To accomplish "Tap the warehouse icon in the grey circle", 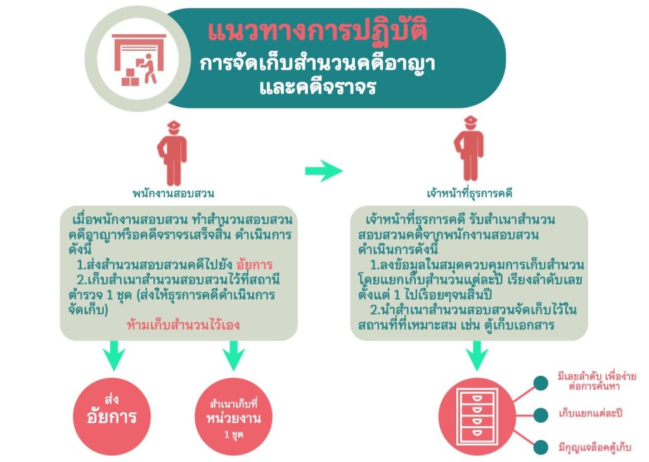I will pyautogui.click(x=138, y=60).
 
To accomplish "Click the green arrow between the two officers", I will pyautogui.click(x=323, y=170).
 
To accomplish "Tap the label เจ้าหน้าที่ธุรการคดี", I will pyautogui.click(x=470, y=193).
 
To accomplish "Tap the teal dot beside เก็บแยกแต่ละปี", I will pyautogui.click(x=541, y=414).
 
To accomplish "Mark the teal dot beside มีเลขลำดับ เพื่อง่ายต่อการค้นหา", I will pyautogui.click(x=541, y=382).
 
